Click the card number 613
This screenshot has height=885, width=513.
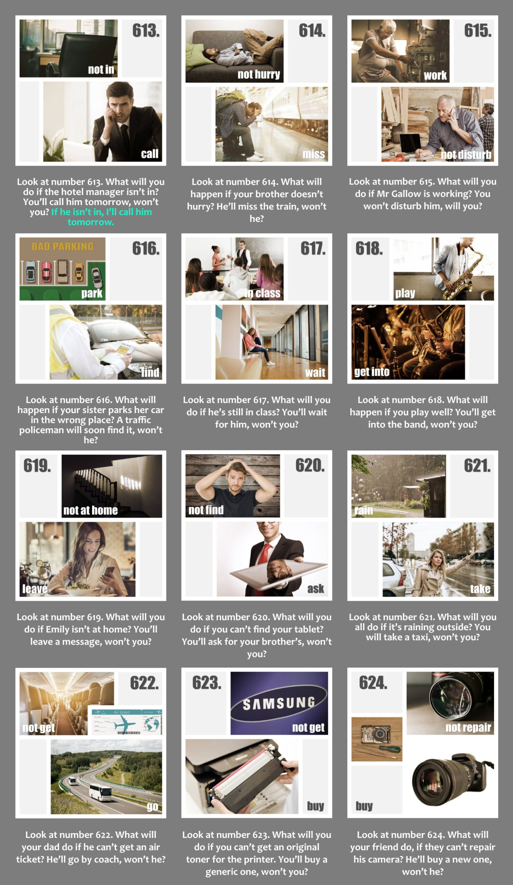click(x=146, y=30)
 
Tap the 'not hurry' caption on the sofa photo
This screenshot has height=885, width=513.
click(x=259, y=74)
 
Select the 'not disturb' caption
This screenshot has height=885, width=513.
click(x=466, y=155)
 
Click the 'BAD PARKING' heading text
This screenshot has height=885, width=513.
click(x=63, y=246)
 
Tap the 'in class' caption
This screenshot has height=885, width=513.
click(x=263, y=293)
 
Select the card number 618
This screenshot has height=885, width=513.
click(x=369, y=249)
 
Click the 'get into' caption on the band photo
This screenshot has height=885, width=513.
click(x=372, y=372)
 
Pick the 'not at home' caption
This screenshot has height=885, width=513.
click(x=91, y=510)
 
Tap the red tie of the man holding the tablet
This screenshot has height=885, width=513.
click(x=265, y=555)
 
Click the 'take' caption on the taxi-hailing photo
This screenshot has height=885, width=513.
click(x=480, y=589)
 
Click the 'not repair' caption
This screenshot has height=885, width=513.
click(x=468, y=727)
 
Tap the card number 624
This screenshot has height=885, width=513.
click(x=373, y=683)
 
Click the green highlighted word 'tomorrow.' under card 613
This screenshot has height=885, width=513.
click(x=91, y=222)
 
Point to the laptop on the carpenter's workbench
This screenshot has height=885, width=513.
click(x=411, y=143)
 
